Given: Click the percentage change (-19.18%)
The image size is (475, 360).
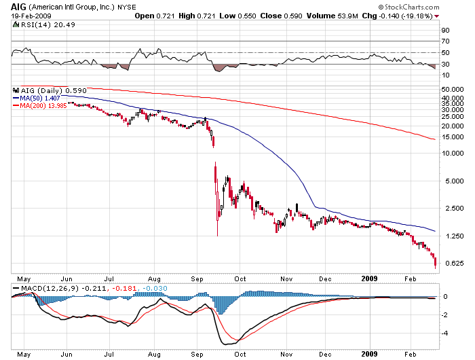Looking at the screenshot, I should pos(417,15).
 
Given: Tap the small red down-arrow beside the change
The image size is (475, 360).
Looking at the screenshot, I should pos(438,16).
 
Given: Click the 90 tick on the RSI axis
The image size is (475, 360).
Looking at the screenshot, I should pos(446,31).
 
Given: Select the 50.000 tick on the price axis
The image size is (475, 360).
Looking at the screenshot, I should pos(451,88).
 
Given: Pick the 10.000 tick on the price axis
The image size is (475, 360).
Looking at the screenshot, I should pos(451,153).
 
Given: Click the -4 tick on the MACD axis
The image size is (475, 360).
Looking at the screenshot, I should pos(445,333).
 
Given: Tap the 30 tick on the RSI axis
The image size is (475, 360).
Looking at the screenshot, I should pos(446,65).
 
